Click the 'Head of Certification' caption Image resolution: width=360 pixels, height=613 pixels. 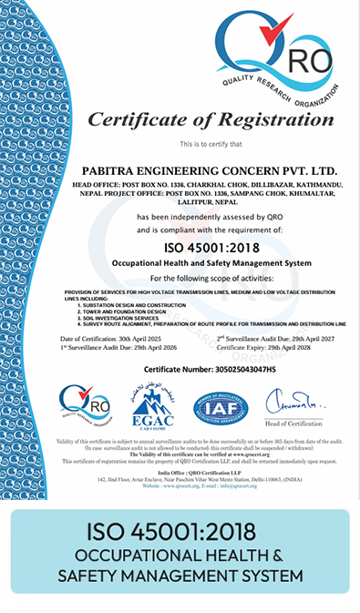point(288,425)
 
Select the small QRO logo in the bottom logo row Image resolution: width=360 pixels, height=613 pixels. point(85,407)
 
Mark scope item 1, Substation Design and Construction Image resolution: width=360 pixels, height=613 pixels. point(133,306)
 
